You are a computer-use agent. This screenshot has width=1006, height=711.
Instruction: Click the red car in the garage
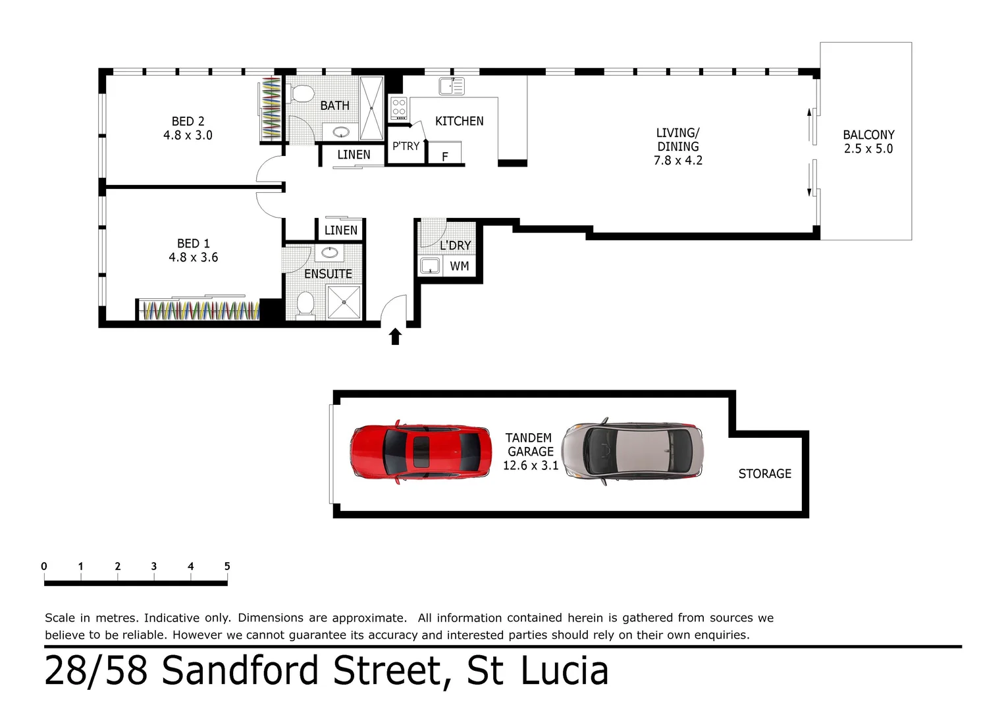(x=421, y=452)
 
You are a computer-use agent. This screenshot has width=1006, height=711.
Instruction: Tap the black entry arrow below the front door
(x=395, y=337)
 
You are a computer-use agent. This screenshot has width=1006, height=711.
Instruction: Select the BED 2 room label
(x=188, y=122)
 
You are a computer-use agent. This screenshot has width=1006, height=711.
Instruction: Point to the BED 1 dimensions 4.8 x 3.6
(x=193, y=257)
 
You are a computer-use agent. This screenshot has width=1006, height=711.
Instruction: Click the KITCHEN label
(x=459, y=121)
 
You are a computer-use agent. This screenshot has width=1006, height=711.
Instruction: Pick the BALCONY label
(x=868, y=135)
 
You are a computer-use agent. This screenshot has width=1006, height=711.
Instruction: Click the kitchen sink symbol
(x=452, y=86)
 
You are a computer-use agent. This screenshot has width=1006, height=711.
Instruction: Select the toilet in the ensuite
(x=305, y=304)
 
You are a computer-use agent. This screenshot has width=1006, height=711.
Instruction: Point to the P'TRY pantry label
(x=406, y=146)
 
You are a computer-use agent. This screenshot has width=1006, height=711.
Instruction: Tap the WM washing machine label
(x=460, y=266)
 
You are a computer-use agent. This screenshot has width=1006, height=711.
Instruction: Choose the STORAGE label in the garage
(x=764, y=474)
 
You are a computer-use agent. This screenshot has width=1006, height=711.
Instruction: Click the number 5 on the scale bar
(x=227, y=566)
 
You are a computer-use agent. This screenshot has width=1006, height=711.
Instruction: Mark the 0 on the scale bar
(x=44, y=566)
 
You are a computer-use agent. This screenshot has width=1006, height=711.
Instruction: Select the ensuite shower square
(x=344, y=302)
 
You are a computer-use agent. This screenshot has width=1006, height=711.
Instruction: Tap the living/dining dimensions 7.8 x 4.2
(x=677, y=161)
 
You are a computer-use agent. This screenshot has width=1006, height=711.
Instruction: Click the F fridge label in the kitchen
(x=445, y=156)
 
